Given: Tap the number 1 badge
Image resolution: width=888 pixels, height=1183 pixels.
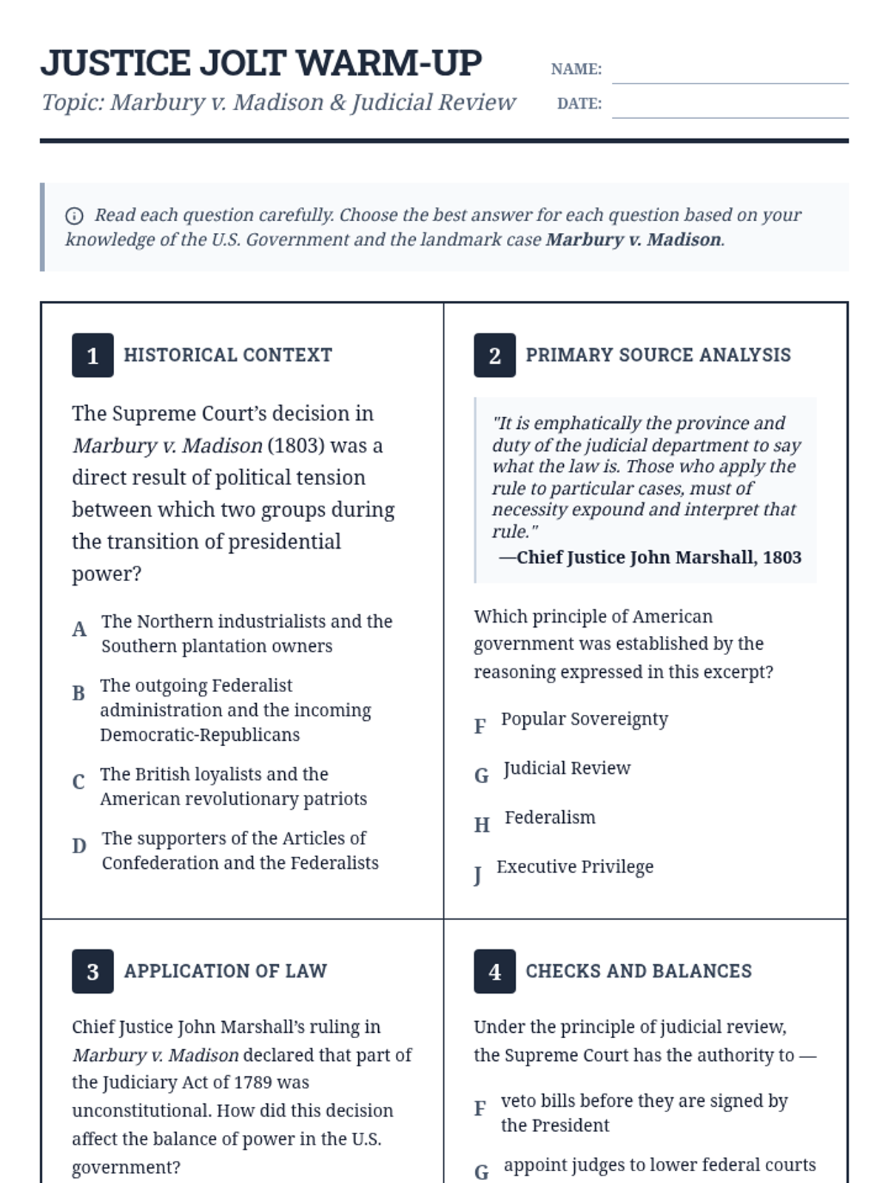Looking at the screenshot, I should click(92, 356).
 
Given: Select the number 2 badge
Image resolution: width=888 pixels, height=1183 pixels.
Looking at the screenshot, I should click(494, 356).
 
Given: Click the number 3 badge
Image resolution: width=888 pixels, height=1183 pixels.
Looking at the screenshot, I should click(92, 972).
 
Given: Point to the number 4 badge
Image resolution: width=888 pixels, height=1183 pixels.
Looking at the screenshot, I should click(494, 972).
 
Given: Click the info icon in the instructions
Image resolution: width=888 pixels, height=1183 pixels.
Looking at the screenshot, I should click(74, 216).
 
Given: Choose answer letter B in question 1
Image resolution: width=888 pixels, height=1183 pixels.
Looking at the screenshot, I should click(78, 694).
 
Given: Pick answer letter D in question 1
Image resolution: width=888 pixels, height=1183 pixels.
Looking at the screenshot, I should click(79, 846).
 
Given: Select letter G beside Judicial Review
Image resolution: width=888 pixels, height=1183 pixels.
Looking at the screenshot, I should click(482, 776).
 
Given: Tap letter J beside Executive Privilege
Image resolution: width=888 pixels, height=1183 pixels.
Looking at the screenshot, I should click(478, 875).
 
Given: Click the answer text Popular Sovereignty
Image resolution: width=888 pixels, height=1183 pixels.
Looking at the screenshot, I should click(584, 719).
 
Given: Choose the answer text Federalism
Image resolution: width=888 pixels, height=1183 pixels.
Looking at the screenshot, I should click(550, 818).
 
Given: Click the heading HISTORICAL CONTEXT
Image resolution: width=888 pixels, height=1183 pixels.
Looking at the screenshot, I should click(228, 355).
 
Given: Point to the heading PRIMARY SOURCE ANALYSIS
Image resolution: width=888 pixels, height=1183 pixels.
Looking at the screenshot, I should click(658, 355).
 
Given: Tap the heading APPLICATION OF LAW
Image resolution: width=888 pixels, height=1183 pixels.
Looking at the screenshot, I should click(226, 971).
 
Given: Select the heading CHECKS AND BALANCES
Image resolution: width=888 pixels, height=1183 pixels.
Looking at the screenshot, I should click(639, 971).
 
